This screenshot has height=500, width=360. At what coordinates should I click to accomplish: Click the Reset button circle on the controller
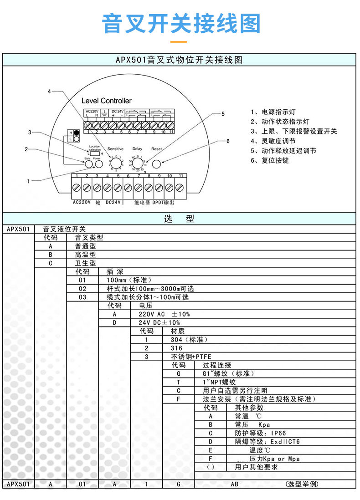tap(157, 163)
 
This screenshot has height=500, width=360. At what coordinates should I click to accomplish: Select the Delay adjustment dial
tap(137, 163)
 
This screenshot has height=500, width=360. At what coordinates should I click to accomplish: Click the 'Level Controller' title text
tap(106, 101)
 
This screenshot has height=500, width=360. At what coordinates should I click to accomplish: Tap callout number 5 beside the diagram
tap(223, 114)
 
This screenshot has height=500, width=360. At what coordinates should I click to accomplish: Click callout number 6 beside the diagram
tap(228, 141)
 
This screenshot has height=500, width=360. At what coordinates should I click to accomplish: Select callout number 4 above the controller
tap(49, 92)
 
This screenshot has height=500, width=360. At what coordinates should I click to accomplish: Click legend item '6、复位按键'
tap(270, 160)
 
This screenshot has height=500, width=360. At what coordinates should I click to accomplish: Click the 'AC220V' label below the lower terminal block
tap(82, 202)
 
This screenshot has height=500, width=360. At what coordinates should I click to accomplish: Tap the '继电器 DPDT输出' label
tap(154, 202)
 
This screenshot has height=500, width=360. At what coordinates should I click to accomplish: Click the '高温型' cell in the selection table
tap(86, 254)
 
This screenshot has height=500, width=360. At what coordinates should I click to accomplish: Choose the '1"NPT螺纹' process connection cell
tap(219, 382)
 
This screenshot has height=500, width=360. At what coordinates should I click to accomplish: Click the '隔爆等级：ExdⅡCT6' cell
tap(267, 441)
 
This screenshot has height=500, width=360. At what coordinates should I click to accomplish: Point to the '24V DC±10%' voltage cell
tap(159, 322)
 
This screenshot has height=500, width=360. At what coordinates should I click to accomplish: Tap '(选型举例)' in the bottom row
tap(302, 484)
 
